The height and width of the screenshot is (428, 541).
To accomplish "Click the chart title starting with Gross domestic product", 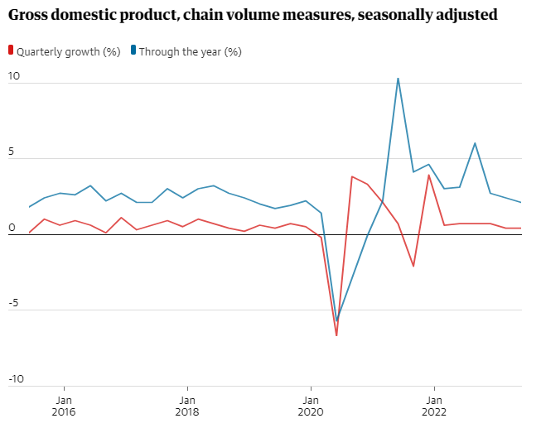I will coord(252,15).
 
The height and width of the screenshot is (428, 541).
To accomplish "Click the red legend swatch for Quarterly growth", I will coord(11,51).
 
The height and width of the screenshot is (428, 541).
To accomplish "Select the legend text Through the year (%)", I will coord(190,51).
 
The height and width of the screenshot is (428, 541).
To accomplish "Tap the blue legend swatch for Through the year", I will coord(133,51).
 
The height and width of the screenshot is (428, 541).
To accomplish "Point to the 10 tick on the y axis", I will coord(14,76).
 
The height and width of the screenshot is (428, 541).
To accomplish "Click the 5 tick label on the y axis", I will coord(12,151).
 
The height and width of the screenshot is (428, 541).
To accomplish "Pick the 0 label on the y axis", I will coord(12,227).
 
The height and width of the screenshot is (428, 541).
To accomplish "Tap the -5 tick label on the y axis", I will coord(14,303).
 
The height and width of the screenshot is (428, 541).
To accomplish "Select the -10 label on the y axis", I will coord(17,378).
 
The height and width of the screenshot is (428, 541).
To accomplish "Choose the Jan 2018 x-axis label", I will coord(187,404).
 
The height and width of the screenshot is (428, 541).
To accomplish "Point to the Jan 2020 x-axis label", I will coord(311,404).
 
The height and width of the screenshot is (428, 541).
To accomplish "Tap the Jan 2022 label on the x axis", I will coord(434,404).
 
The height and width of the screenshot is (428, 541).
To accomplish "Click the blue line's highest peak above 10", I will coord(399,79).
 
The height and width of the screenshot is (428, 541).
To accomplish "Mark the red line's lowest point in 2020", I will coord(336,335).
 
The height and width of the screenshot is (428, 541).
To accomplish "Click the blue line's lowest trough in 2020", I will coord(336,321).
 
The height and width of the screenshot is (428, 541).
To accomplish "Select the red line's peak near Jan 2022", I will coord(429,175).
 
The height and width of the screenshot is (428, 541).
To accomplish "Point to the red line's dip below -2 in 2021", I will coord(413,266).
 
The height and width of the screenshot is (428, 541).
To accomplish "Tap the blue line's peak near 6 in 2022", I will coord(475,143).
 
